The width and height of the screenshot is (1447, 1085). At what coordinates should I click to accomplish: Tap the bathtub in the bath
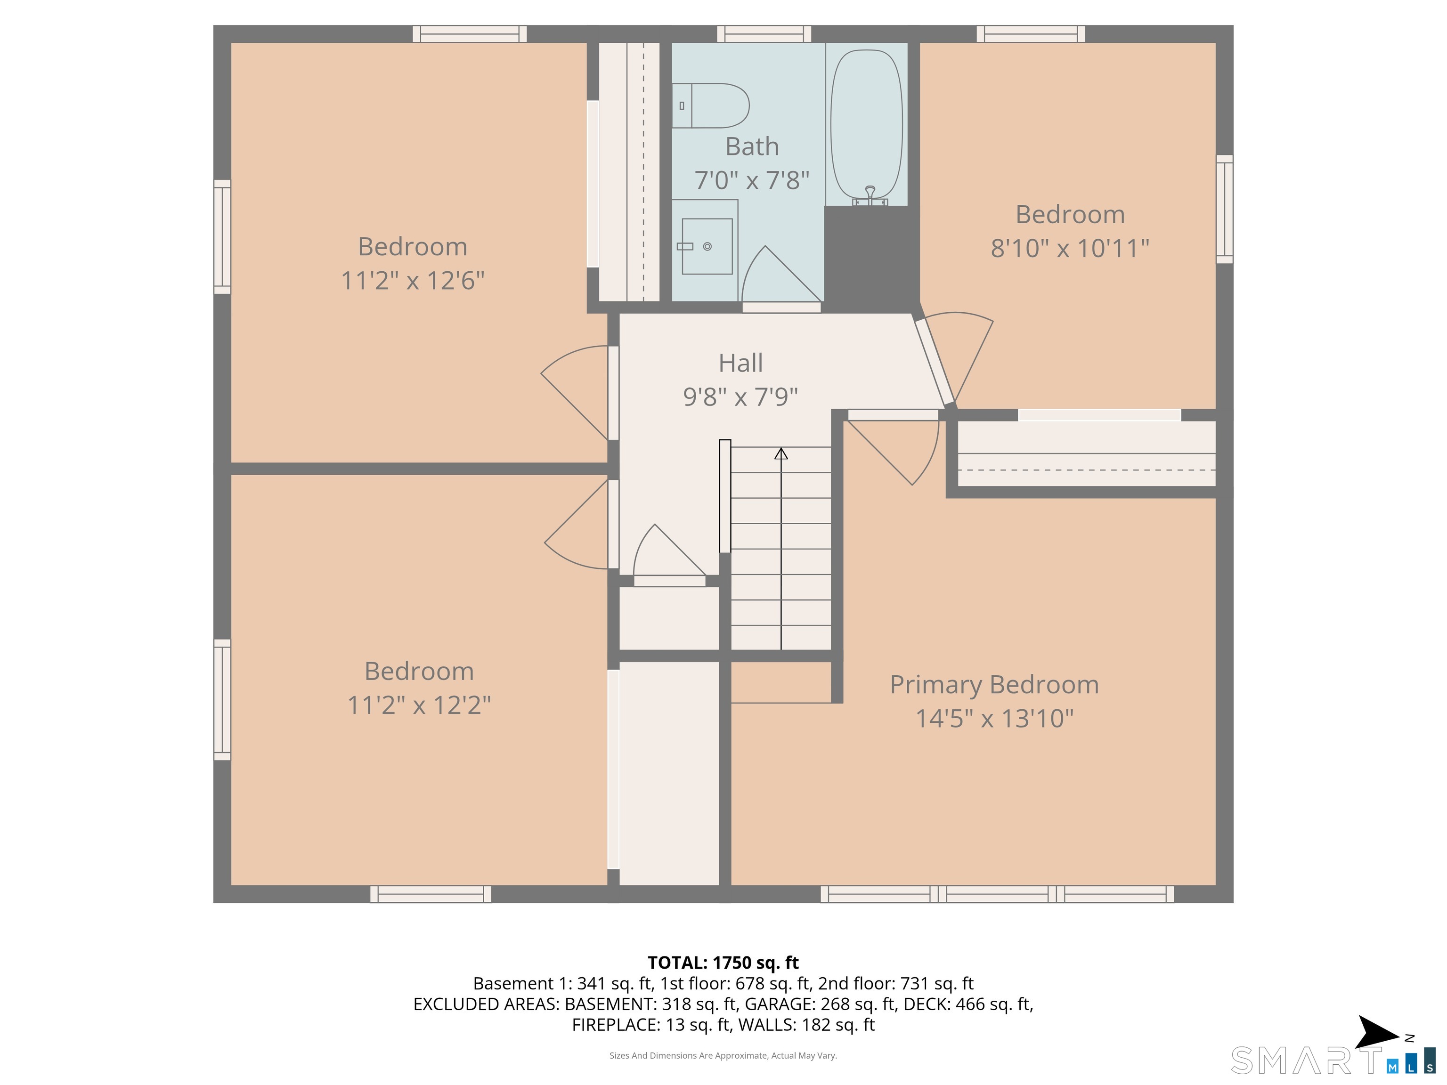pos(866,124)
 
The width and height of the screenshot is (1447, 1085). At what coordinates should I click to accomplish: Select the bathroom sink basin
pos(707,246)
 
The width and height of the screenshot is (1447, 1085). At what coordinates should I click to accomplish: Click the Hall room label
pos(740,363)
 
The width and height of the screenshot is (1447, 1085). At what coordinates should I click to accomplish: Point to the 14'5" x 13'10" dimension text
pos(994,719)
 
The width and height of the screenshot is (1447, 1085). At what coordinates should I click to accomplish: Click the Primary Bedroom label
pos(994,685)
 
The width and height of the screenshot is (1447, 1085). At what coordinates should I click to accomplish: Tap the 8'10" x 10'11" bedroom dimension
pos(1070,249)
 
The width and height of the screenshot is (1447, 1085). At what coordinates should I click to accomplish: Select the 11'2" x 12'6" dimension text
pos(412,281)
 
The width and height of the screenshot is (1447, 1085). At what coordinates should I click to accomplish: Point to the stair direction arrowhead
pos(781,453)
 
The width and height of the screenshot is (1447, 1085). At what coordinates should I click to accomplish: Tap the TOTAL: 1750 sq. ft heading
pos(723,963)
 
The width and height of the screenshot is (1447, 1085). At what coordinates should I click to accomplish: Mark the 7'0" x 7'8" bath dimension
pos(752,180)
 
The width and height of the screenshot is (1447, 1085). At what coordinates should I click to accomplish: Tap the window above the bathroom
pos(764,34)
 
